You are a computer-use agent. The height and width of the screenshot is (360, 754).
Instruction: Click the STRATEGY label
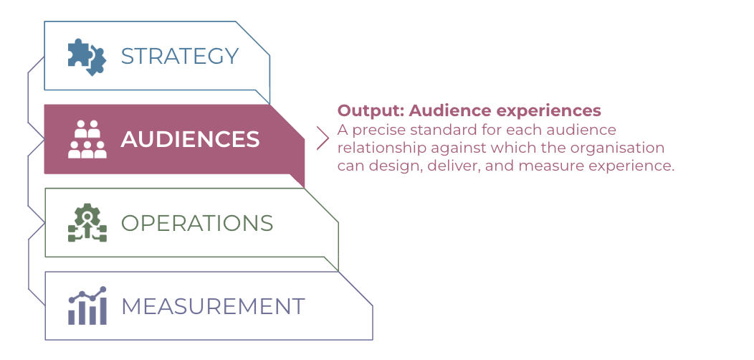(x=179, y=57)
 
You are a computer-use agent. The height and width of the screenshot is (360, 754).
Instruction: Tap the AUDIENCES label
(x=190, y=140)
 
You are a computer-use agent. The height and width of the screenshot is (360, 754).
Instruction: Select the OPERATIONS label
(x=196, y=223)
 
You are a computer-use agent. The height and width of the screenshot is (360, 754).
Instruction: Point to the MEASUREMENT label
(x=213, y=306)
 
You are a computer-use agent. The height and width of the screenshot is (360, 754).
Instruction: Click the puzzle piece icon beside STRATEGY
(x=87, y=57)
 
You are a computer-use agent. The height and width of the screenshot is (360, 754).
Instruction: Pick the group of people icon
(x=87, y=139)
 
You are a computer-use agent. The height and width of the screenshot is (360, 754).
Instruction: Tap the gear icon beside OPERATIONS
(x=87, y=222)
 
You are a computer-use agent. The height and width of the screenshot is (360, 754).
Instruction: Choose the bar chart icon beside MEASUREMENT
(x=87, y=305)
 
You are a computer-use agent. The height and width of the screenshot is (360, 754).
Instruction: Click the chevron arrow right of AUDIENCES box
(x=323, y=138)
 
